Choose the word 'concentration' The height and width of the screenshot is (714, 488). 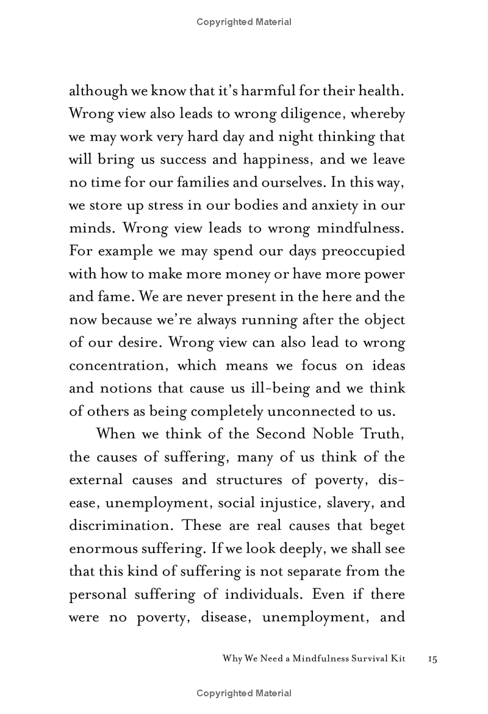point(125,365)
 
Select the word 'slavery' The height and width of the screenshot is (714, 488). point(355,502)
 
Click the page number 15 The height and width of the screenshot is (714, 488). point(433,659)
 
